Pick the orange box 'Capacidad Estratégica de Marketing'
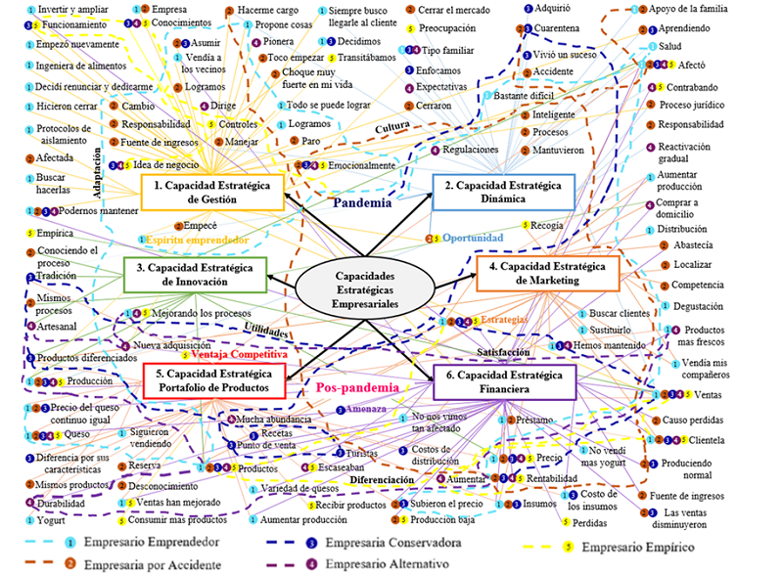pos(548,272)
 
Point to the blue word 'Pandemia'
pos(362,204)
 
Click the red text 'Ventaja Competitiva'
pos(236,354)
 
